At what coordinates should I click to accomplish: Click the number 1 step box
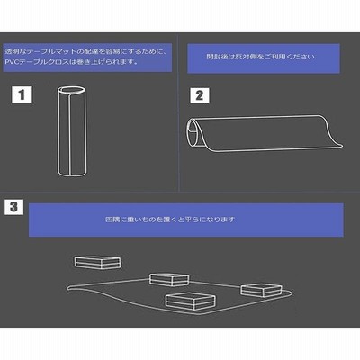(x=22, y=94)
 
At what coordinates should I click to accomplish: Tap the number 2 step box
(x=200, y=95)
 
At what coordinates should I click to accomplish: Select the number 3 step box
(x=13, y=207)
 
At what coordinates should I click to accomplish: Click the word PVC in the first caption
(x=11, y=62)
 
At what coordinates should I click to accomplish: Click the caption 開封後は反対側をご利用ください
(x=261, y=57)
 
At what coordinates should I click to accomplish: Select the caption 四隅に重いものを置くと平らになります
(x=170, y=220)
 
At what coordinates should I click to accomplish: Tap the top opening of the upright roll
(x=71, y=90)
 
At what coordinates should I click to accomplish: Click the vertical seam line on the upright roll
(x=70, y=134)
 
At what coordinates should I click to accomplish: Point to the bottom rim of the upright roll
(x=71, y=174)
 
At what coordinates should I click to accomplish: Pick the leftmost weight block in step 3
(x=98, y=263)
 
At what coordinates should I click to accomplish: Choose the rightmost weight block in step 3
(x=261, y=290)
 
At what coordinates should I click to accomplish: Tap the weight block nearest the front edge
(x=190, y=301)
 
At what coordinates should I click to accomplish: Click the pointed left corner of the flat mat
(x=67, y=288)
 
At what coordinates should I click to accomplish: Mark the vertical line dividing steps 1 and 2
(x=179, y=112)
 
